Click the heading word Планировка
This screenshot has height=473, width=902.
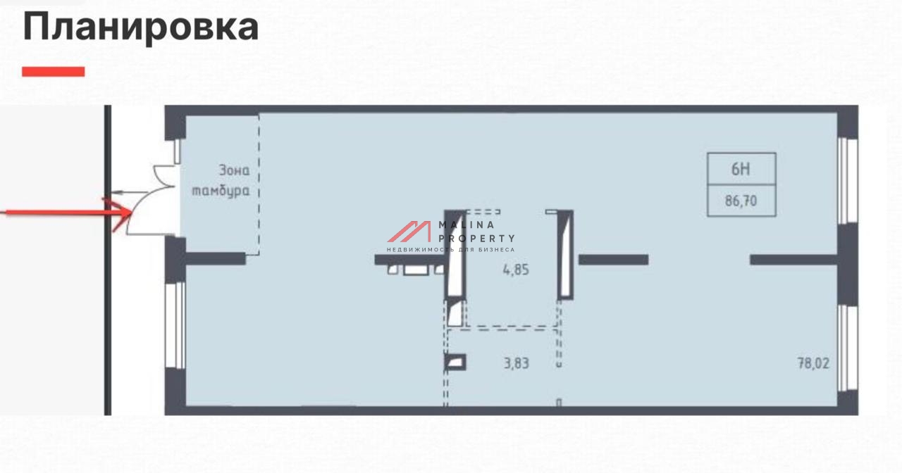point(140,27)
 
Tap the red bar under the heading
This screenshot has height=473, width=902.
point(53,72)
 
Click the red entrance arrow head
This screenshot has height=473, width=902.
point(121,213)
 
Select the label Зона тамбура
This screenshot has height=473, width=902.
point(221,180)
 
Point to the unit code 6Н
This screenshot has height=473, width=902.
point(741,170)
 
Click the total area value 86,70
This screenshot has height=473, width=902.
point(741,201)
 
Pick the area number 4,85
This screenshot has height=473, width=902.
point(516,270)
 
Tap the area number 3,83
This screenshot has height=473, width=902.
point(517,363)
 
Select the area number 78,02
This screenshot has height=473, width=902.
point(813,363)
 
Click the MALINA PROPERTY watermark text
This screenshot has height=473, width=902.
point(476,232)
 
